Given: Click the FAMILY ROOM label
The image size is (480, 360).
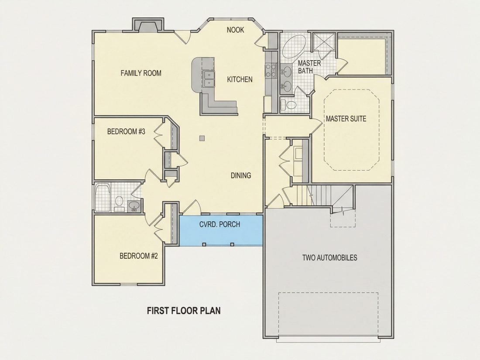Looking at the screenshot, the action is pos(141,73).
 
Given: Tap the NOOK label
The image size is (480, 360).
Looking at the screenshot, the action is pos(235,30).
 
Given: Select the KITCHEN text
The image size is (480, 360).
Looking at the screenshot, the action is pos(240,79).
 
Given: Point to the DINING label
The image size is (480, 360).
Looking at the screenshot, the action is pos(240,175).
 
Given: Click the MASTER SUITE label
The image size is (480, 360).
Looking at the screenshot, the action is pos(346,118).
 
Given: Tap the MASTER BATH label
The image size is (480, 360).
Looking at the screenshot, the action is pos(309,67).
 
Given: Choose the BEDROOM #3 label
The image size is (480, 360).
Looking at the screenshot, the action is pos(126,132).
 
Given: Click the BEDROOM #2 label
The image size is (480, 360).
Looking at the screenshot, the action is pos(139,256).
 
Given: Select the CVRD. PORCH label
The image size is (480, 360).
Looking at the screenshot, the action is pos(219,224).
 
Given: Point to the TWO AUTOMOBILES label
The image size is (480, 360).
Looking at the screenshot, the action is pos(330,257).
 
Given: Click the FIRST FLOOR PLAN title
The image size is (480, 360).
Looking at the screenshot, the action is pos(184,311).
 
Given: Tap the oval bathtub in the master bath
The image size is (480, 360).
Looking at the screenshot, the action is pos(294,46).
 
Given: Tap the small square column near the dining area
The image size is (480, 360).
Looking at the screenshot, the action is pos(202,138).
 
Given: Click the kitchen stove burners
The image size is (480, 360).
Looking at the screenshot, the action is pos(271,70).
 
